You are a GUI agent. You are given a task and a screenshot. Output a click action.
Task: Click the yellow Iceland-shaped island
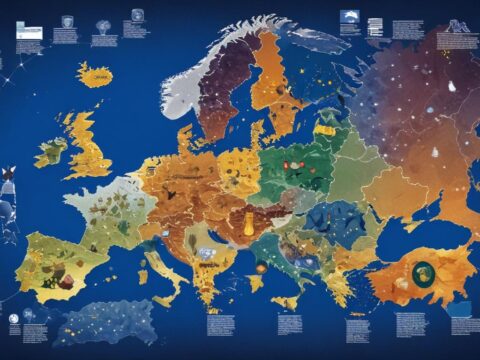click(x=95, y=76)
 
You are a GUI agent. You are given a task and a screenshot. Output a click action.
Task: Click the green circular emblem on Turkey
click(x=424, y=271)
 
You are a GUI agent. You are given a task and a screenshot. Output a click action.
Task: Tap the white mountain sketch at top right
click(x=351, y=17)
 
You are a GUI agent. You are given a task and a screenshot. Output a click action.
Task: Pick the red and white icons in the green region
click(x=296, y=164)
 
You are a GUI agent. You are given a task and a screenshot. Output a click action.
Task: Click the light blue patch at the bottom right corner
click(x=462, y=308)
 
